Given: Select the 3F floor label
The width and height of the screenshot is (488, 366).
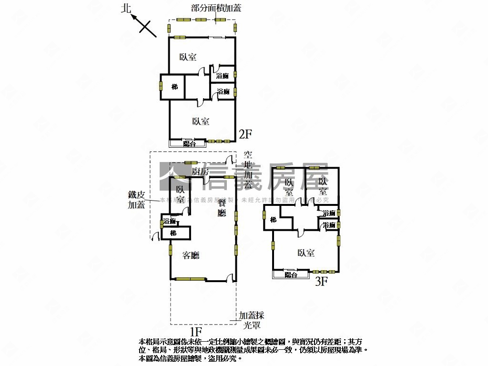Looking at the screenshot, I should coord(322,281).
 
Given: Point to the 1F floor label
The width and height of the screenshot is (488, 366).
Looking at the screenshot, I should coord(196,330).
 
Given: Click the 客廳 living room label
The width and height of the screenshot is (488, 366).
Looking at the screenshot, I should coord(191,255).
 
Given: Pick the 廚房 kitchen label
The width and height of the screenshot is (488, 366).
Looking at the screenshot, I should coord(200,172).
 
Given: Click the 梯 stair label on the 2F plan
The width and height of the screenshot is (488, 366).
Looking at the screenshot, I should coord(174,87).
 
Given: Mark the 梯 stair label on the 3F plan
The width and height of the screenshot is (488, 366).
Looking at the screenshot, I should coord(273,220).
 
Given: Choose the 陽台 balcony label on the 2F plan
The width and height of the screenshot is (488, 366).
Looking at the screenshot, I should coord(189,143).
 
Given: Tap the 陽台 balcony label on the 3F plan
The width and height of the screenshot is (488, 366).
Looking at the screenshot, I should coord(291,275).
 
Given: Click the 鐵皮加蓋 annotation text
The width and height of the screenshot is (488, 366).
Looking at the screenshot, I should coord(136,200).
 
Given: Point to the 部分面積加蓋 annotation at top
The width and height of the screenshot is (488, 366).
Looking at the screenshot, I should coord(216,8).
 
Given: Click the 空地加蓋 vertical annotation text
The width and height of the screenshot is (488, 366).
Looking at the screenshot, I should coord(248,171).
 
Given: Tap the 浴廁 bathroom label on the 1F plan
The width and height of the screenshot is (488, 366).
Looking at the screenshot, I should coord(169,222).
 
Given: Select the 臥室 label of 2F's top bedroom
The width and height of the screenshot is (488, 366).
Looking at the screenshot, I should coord(188,57).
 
